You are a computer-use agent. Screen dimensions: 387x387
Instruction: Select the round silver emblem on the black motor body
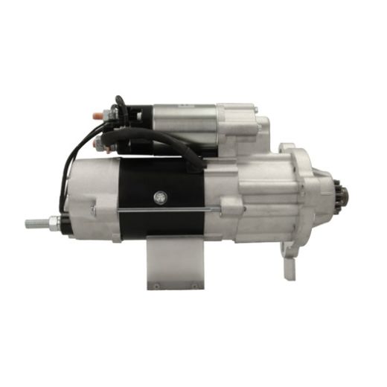coord(159,197)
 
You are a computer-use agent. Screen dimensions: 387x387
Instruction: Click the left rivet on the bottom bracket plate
coord(156,284)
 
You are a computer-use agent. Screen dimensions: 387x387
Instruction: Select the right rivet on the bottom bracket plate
coord(194,284)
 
